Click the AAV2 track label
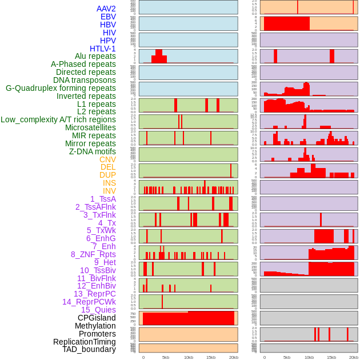pos(106,9)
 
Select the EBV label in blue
pos(108,17)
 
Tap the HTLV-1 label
pos(103,49)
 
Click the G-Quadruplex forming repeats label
pos(61,88)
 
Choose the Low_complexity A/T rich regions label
pos(58,119)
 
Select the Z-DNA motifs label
pos(93,151)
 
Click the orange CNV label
pos(107,159)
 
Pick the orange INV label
pos(109,191)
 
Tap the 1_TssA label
pos(103,199)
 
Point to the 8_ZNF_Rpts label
pos(93,254)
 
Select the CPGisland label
pos(97,318)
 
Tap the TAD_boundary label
pos(89,349)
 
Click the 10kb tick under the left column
pos(189,357)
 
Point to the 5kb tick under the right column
pos(286,357)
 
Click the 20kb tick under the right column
pos(354,357)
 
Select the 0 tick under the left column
pos(143,357)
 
